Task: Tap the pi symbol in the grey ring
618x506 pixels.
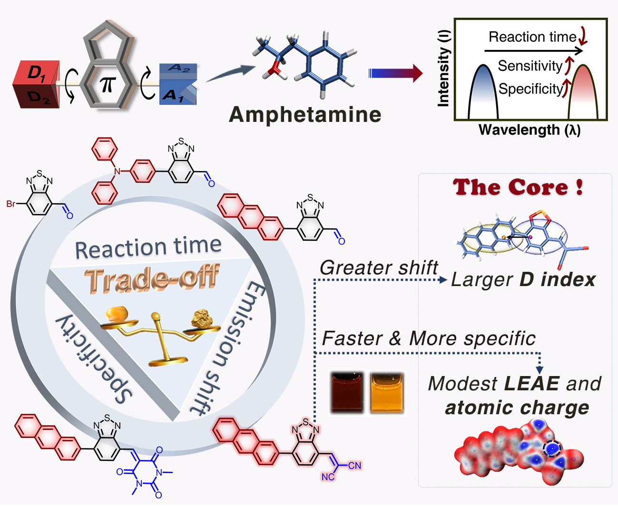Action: [x=108, y=84]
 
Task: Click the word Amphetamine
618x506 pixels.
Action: [x=305, y=115]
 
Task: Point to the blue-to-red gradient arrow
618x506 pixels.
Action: [x=395, y=73]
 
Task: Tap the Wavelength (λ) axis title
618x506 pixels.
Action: [x=530, y=130]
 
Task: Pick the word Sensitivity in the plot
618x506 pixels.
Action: [x=530, y=66]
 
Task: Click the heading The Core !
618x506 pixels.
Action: [x=518, y=187]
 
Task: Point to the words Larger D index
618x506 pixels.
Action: [x=523, y=280]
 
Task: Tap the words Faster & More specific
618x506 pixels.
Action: [x=429, y=339]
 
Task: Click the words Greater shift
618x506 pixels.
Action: [x=379, y=268]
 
